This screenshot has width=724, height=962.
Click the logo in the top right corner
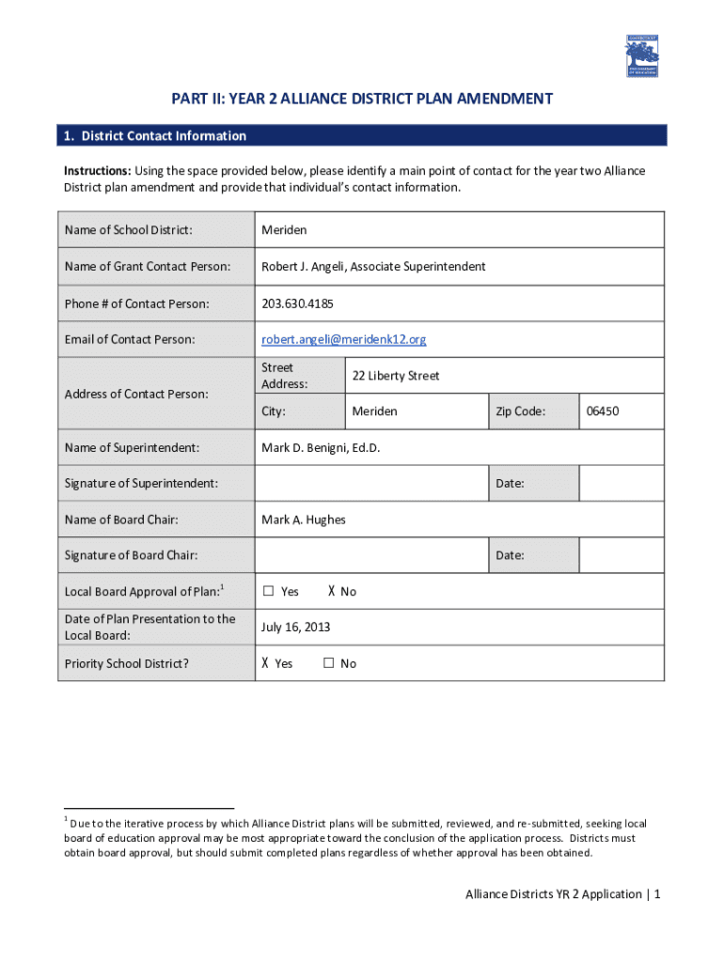coord(642,56)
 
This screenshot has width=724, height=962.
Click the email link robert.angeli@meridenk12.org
coord(343,339)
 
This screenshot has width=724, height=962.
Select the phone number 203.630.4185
coord(297,303)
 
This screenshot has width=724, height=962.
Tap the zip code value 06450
coord(603,411)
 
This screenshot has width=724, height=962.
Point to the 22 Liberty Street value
coord(396,376)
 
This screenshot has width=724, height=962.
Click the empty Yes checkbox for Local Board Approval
coord(268,591)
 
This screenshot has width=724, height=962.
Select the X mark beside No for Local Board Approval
coord(331,591)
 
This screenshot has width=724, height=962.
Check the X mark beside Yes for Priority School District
coord(266,663)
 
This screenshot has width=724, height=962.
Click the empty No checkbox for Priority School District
coord(329,663)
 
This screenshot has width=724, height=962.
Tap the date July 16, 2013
coord(296,627)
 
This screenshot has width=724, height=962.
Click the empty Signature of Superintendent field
coord(371,483)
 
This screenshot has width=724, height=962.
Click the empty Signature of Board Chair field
coord(371,555)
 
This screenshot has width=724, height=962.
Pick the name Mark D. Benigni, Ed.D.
coord(321,447)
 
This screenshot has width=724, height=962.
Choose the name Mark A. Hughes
coord(304,520)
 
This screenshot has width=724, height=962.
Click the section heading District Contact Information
coord(155,136)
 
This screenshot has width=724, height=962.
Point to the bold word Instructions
coord(97,171)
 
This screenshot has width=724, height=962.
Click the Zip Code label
coord(520,411)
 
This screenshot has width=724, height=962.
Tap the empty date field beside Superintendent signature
coord(622,483)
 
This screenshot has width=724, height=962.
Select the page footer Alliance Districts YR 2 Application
coord(554,893)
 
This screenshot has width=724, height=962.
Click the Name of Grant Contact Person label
coord(148,267)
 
